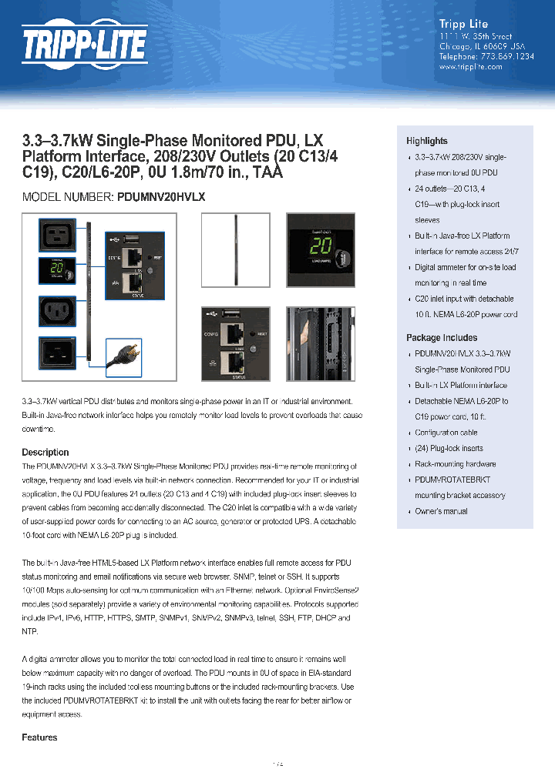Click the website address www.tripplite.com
click(470, 67)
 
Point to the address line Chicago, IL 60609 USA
click(476, 46)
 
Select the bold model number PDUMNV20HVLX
click(161, 197)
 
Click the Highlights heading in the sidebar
click(426, 141)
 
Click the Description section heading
click(45, 453)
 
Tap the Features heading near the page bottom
click(39, 737)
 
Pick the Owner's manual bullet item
click(441, 511)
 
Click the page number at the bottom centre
click(277, 764)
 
